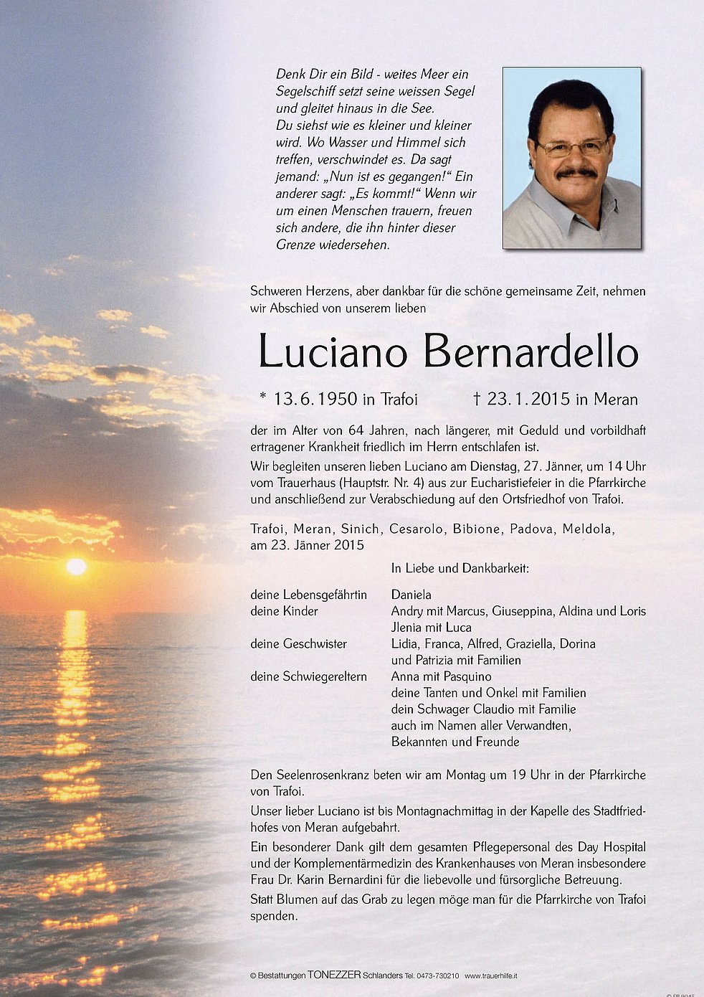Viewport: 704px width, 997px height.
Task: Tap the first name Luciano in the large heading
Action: [333, 353]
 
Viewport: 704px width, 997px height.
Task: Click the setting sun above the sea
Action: [76, 566]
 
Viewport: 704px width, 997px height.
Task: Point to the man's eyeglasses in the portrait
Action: [573, 148]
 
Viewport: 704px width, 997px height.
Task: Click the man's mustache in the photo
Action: [576, 173]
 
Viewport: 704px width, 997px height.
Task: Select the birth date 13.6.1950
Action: [315, 399]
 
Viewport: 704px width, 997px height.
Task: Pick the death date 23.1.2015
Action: [528, 399]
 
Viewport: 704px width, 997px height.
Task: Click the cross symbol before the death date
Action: [477, 399]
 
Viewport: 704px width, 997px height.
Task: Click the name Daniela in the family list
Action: [412, 595]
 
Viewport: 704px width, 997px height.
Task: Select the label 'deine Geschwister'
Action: [298, 643]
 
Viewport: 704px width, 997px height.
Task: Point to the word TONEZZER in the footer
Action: [330, 975]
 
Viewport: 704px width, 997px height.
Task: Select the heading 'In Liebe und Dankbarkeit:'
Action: [460, 568]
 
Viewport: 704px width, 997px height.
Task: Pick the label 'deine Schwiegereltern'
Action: [308, 676]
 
